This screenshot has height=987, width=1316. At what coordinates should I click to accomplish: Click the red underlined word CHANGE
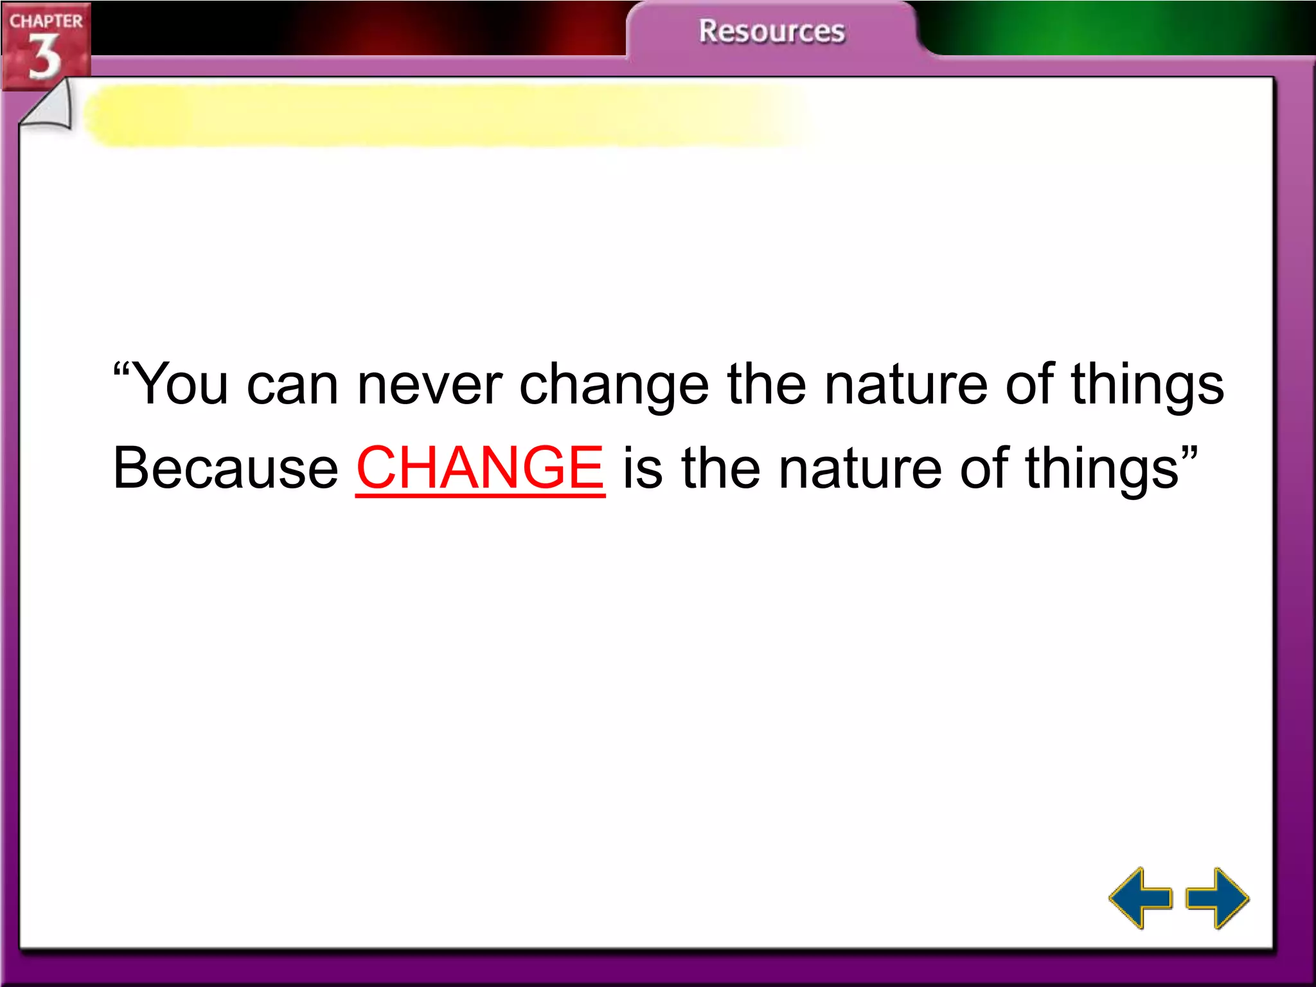click(480, 468)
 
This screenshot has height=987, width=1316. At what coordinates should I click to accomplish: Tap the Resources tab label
click(771, 31)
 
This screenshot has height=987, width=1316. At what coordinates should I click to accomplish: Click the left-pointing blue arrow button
click(1140, 898)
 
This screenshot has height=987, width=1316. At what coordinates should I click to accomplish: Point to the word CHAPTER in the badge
click(46, 21)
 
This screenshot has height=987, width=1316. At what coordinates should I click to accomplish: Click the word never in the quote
click(429, 384)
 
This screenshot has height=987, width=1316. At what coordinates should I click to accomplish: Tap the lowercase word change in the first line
click(614, 384)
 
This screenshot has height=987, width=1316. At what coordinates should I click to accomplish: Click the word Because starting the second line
click(226, 468)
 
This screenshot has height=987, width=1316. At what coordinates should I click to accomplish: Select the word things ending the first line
click(1147, 384)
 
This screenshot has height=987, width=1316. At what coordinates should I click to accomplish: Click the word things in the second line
click(1101, 468)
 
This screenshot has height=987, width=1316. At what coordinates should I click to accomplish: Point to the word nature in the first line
click(906, 384)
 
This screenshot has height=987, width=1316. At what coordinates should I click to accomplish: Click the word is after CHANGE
click(642, 468)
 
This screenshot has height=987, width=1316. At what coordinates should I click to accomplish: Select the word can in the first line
click(292, 384)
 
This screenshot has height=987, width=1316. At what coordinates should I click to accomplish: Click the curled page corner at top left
click(48, 109)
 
